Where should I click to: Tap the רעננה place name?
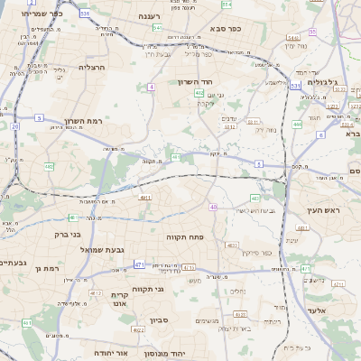click(149, 17)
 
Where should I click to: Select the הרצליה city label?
click(92, 68)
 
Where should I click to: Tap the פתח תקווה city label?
click(185, 236)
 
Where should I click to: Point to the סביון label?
click(159, 320)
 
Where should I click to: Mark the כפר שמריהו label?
click(42, 14)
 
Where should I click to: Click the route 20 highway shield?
click(15, 127)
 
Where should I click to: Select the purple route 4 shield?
click(151, 88)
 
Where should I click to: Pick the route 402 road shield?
click(199, 92)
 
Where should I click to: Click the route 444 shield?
click(297, 125)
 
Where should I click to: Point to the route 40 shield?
click(213, 208)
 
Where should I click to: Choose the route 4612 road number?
click(96, 293)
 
